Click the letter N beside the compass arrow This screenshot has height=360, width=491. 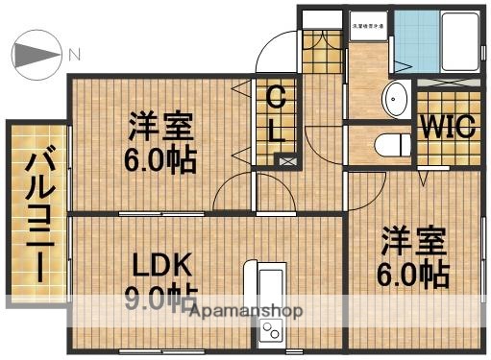point(73,54)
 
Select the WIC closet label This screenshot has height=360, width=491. point(447,127)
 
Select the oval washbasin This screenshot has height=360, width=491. point(395,99)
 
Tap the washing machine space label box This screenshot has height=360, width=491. point(368,27)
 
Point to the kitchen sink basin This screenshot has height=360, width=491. point(269,287)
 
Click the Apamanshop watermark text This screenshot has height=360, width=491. point(246,311)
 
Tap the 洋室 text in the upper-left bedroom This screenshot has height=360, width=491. point(161,126)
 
